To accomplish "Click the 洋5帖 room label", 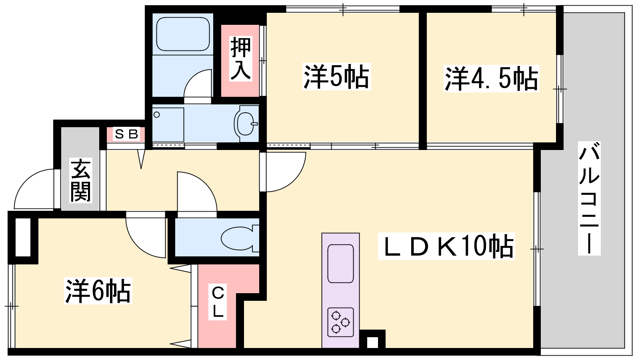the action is [x=336, y=76].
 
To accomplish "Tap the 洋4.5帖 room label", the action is [x=491, y=78].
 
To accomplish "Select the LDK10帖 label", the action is [x=446, y=246].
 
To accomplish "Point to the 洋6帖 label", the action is [x=98, y=290].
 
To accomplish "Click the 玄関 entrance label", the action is [x=80, y=180].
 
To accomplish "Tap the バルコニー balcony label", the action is [x=589, y=198].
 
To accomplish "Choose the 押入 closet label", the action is [x=241, y=58].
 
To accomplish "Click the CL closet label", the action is [x=218, y=302].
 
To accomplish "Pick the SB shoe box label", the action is [x=126, y=134].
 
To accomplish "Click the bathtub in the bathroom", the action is [x=183, y=35].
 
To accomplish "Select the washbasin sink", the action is [x=245, y=124].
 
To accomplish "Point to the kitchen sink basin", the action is [x=340, y=264].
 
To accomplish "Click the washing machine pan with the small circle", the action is [x=168, y=124].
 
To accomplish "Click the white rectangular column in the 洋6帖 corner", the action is [x=23, y=238].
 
